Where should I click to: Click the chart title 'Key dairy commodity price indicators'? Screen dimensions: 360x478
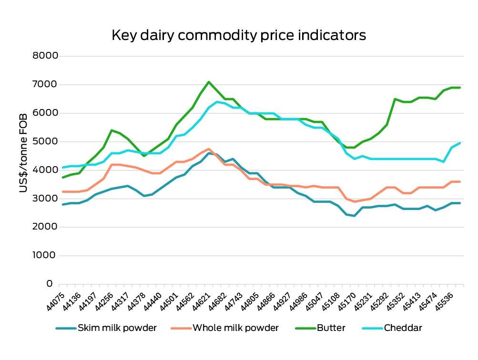[239, 35]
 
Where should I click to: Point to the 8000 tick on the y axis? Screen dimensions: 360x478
[45, 56]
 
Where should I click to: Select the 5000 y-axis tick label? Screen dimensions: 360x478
[45, 141]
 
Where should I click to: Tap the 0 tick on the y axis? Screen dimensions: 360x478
[49, 284]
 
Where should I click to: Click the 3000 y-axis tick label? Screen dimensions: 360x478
[45, 199]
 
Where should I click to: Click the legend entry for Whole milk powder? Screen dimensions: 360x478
[235, 328]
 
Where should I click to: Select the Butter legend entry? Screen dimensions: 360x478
[331, 328]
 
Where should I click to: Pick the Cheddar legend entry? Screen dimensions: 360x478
[403, 328]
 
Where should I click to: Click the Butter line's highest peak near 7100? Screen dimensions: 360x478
[209, 82]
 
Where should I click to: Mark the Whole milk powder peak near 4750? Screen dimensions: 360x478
[209, 149]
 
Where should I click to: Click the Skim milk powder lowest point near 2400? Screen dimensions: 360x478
[354, 216]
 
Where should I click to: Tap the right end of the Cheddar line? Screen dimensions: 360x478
[459, 143]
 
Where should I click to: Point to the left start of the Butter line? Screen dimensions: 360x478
[63, 177]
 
